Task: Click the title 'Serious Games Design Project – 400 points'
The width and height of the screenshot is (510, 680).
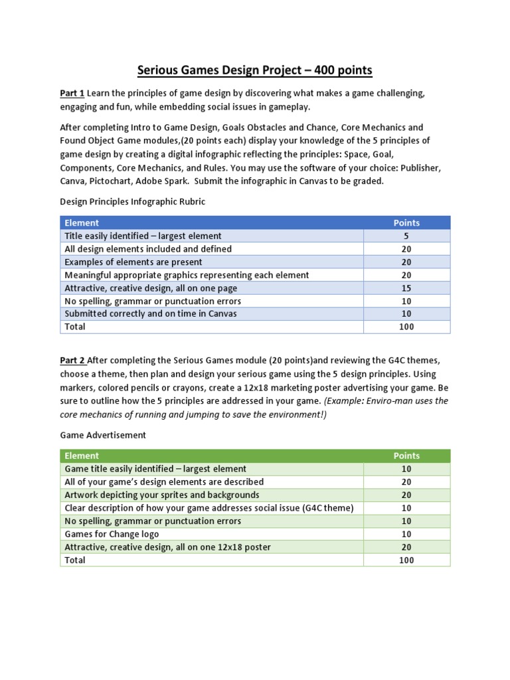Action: tap(255, 70)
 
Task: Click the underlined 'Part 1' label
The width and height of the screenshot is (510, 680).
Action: tap(72, 94)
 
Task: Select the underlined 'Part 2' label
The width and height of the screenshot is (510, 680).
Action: tap(72, 361)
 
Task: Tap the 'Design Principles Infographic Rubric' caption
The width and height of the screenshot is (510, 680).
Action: tap(133, 202)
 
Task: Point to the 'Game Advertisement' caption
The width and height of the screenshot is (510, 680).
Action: tap(103, 435)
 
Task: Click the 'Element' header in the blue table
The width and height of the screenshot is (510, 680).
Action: tap(82, 223)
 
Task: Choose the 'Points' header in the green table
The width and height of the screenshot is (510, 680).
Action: tap(406, 456)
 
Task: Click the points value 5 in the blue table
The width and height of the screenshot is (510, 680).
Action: tap(406, 236)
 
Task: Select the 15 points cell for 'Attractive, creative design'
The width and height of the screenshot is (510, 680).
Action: tap(406, 288)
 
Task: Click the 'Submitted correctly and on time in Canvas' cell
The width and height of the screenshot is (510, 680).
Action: tap(150, 313)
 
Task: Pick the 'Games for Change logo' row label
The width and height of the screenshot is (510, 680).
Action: tap(112, 534)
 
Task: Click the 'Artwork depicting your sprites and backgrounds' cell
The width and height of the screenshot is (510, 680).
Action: tap(162, 495)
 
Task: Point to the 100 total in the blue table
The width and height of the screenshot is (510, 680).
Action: tap(406, 327)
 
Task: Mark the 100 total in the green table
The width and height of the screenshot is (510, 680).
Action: tap(406, 560)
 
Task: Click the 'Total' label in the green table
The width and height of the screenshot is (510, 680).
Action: tap(74, 560)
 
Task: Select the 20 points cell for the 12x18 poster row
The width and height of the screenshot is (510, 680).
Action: tap(406, 547)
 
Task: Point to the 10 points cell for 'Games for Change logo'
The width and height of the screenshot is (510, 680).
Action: tap(406, 534)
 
